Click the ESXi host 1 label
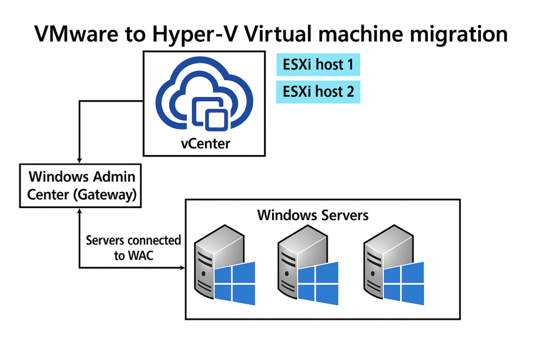[x=318, y=65]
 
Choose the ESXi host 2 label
[x=318, y=92]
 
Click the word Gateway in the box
[x=105, y=194]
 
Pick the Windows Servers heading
[x=313, y=215]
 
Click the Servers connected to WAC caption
[x=133, y=248]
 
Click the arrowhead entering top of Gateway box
[x=79, y=160]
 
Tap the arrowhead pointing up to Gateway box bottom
[x=79, y=210]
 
